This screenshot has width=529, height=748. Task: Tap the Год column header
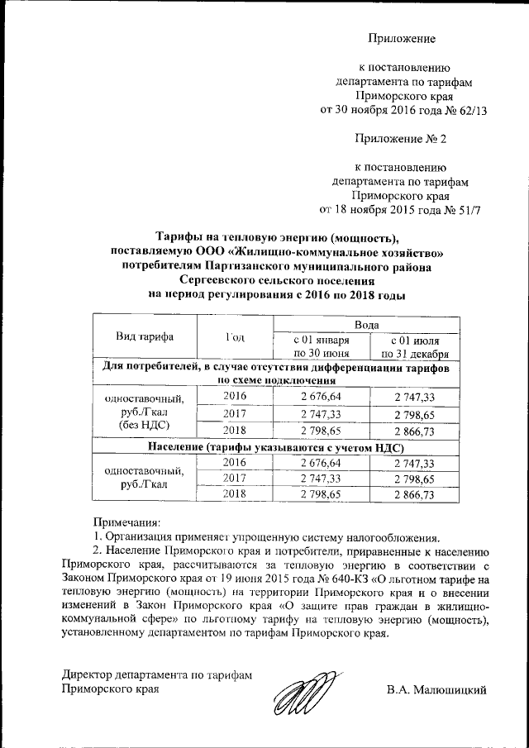point(235,338)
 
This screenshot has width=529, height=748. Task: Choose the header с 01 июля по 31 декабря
point(415,347)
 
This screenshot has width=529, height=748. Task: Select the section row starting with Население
point(275,447)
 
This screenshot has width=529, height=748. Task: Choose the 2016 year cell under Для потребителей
point(235,396)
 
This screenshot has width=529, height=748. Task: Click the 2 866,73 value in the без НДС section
point(415,431)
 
